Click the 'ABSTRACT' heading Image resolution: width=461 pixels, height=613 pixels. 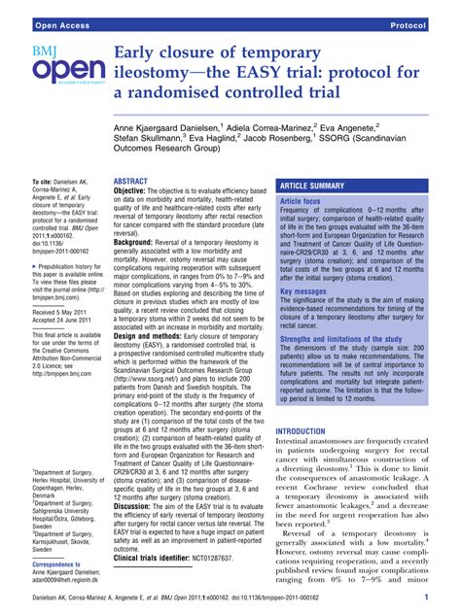click(130, 181)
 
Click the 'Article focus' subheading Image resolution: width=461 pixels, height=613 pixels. click(300, 201)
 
